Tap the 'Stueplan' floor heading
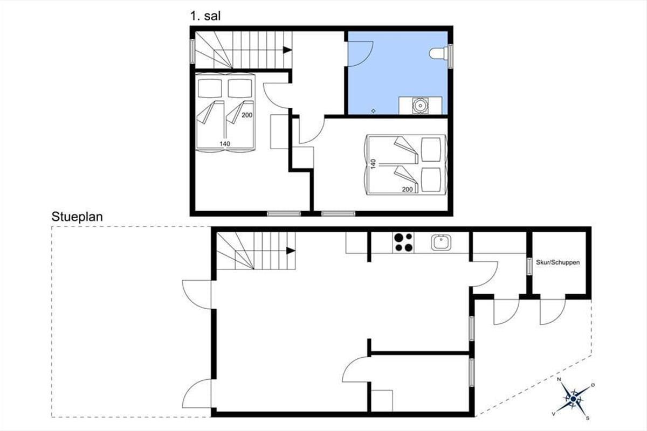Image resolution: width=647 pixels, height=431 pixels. [x=77, y=217]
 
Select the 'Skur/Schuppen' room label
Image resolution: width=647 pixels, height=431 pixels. [x=557, y=262]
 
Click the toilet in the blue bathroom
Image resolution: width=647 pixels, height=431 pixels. [x=438, y=53]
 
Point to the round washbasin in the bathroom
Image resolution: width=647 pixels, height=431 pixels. [x=420, y=105]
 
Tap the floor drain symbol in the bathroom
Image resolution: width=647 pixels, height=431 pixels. [x=374, y=110]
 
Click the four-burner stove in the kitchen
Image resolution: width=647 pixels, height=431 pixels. [x=403, y=242]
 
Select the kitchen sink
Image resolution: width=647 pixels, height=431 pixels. [x=441, y=242]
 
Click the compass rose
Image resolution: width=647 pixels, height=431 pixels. [x=573, y=399]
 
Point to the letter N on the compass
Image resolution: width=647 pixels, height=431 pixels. [x=559, y=379]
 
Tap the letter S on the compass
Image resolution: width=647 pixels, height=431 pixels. [x=587, y=418]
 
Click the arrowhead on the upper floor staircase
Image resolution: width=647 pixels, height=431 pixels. [x=287, y=50]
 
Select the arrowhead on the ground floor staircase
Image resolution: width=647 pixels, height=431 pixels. [x=291, y=251]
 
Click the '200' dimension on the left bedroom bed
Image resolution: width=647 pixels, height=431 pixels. [x=247, y=115]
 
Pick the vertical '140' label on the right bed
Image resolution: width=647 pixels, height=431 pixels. [x=373, y=164]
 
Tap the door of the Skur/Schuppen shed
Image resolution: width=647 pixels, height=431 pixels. [x=553, y=312]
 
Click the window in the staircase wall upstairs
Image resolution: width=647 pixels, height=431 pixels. [x=192, y=51]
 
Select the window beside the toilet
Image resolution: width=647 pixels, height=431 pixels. [x=450, y=56]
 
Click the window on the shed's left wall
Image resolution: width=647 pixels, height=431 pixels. [x=529, y=266]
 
